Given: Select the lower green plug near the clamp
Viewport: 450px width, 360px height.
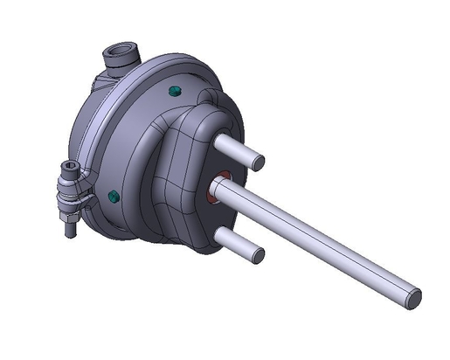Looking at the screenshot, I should [x=113, y=194].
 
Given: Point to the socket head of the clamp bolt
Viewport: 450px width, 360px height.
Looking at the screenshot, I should [x=68, y=169].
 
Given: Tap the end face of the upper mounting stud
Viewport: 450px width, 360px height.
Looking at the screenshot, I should [x=259, y=162].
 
